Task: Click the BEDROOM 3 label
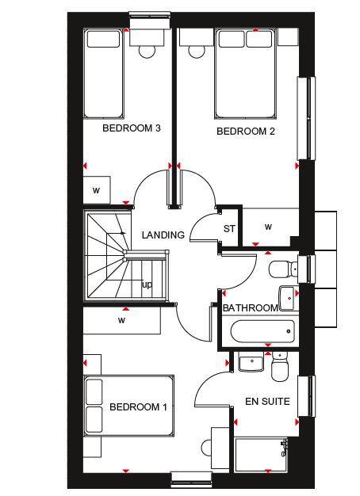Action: tap(132, 128)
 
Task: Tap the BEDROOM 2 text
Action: tap(246, 131)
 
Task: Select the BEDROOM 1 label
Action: tap(138, 406)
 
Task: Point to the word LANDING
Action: tap(163, 235)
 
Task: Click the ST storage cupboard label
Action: tap(229, 228)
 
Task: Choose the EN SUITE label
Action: tap(267, 402)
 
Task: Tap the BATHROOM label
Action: tap(250, 307)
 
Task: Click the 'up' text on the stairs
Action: tap(147, 284)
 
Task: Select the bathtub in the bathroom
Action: tap(262, 331)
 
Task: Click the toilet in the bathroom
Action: tap(283, 269)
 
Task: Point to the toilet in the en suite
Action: tap(280, 367)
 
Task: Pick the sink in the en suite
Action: tap(251, 362)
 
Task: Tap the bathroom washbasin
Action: tap(289, 298)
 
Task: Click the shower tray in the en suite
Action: tap(261, 454)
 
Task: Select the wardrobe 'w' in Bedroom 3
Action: tap(97, 190)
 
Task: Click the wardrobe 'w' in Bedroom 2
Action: tap(269, 227)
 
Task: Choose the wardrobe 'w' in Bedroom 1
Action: tap(122, 320)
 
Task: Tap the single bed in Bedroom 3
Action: tap(103, 74)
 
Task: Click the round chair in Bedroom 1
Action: tap(207, 448)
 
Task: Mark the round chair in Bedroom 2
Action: tap(197, 52)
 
